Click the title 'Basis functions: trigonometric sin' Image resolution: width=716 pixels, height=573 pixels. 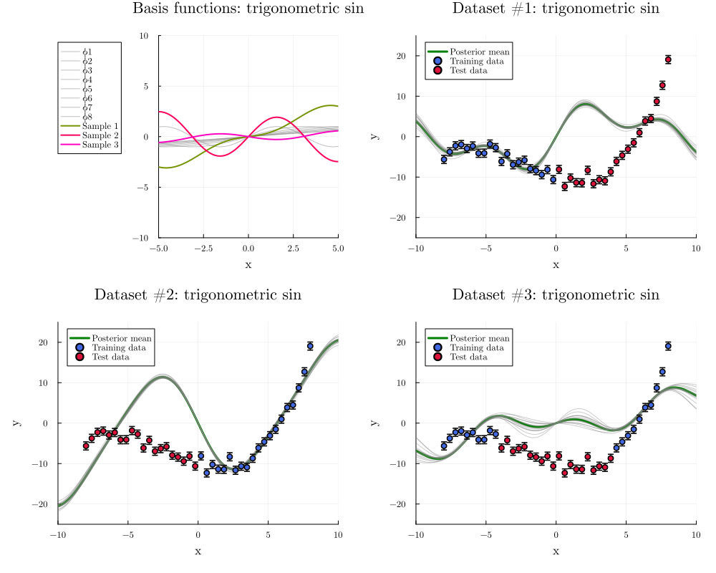point(248,9)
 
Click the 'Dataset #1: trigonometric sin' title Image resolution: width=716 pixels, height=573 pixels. point(556,9)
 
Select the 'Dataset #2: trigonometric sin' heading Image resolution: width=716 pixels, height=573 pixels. point(198,295)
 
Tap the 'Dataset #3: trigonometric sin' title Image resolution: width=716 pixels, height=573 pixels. point(556,295)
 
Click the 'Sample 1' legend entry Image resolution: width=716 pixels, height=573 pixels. point(99,126)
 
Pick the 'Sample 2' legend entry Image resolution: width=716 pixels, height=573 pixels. point(99,135)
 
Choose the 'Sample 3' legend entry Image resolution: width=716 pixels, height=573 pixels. point(99,145)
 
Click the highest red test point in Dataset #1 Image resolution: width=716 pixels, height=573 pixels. point(668,59)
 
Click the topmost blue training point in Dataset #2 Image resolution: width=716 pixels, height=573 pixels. point(310,346)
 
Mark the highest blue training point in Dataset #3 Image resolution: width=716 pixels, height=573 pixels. point(668,346)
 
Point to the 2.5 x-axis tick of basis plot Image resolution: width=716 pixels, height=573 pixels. point(293,248)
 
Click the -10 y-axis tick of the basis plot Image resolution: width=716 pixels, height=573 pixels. point(142,237)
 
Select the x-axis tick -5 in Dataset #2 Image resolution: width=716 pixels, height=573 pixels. point(127,534)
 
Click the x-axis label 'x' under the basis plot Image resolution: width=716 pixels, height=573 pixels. point(248,264)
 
